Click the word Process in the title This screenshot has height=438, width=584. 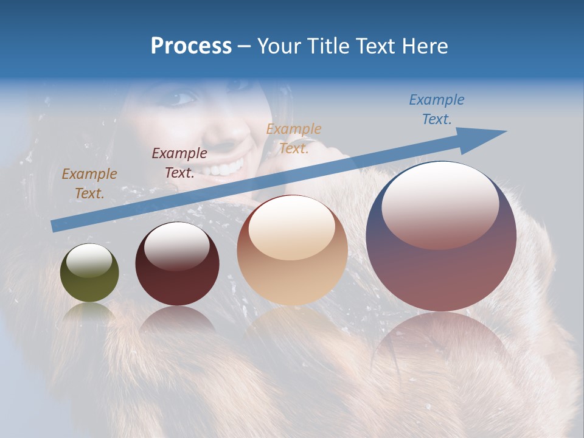click(191, 46)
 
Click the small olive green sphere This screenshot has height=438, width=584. click(89, 273)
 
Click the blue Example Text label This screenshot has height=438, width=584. click(437, 109)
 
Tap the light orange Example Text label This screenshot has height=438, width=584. click(294, 138)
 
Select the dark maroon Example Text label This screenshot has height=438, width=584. click(179, 162)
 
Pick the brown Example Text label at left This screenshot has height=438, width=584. click(89, 183)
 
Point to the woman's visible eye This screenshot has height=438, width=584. click(184, 97)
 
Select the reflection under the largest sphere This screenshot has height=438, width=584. click(441, 347)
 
